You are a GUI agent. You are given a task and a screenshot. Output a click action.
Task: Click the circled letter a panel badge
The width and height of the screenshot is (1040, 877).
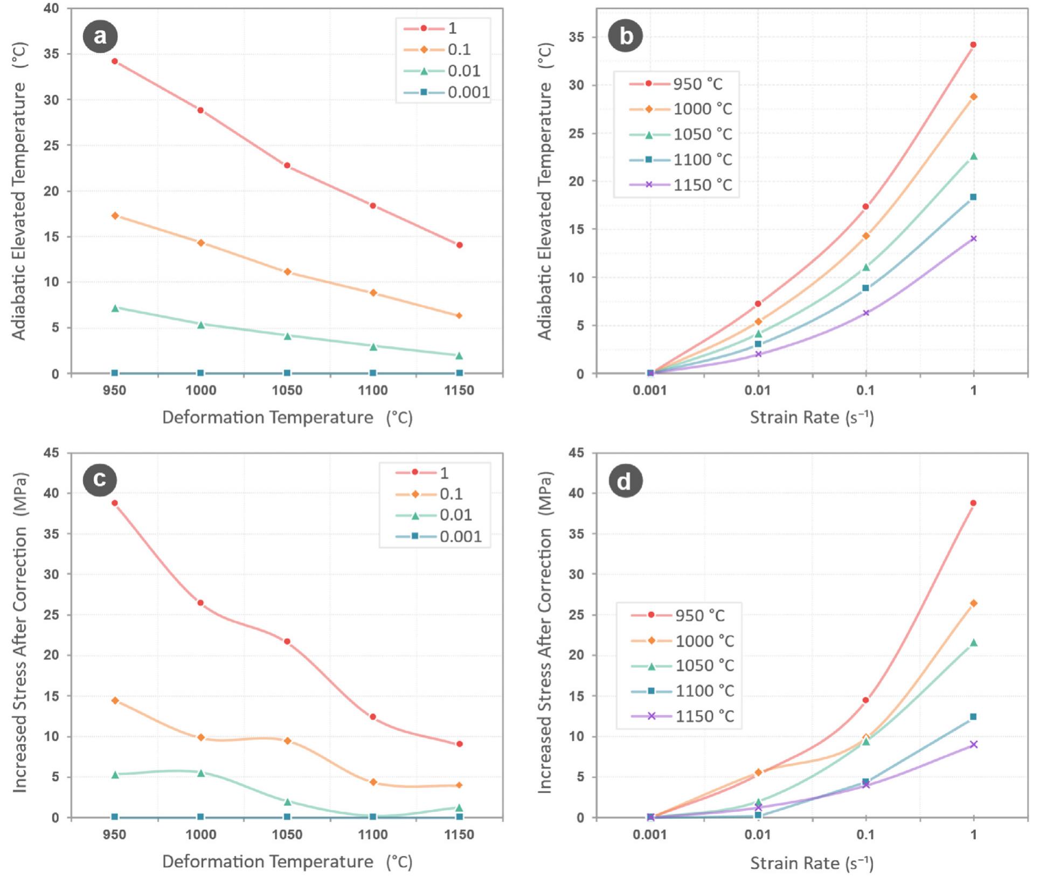point(100,36)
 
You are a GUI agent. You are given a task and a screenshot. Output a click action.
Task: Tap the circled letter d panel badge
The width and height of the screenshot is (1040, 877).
point(625,480)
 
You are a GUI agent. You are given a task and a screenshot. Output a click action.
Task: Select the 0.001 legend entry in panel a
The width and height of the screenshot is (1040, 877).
point(446,92)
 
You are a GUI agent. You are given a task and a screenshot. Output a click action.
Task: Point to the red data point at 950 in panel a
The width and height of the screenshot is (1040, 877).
point(115,61)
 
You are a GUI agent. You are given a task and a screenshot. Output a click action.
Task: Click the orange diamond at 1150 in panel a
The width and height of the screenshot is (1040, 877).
point(459,316)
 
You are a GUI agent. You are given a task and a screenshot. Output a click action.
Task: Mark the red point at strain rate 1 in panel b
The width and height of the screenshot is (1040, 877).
point(973,45)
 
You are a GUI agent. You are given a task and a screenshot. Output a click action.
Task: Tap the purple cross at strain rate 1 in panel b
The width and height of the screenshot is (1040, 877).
point(973,238)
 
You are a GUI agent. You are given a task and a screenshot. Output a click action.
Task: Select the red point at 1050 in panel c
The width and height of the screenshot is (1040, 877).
point(287,641)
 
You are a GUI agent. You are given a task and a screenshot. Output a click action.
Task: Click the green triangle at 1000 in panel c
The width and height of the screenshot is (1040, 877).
point(201,772)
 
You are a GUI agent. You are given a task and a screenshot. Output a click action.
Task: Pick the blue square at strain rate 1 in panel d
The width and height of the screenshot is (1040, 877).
point(973,716)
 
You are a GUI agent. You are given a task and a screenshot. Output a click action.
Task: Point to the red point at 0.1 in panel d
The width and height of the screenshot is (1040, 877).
point(865,700)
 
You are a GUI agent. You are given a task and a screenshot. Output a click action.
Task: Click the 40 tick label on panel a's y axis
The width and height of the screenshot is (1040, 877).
point(51,9)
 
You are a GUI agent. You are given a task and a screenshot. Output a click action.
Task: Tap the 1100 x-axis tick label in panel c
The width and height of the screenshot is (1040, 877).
point(373,835)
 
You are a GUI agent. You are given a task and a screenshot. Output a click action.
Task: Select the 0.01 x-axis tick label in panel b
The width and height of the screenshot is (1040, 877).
point(758,390)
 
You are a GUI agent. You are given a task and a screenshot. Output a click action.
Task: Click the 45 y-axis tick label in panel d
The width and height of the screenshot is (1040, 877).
point(576,453)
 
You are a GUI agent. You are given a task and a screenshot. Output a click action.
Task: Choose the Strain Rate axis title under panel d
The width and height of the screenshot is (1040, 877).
point(812,863)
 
